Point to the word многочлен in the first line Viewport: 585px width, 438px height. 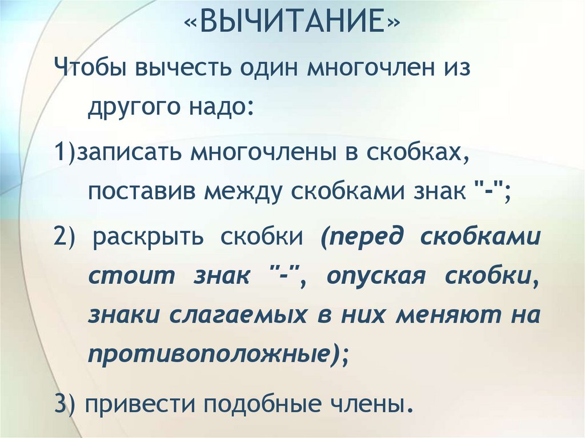point(362,70)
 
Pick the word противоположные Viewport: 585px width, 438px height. point(211,354)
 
